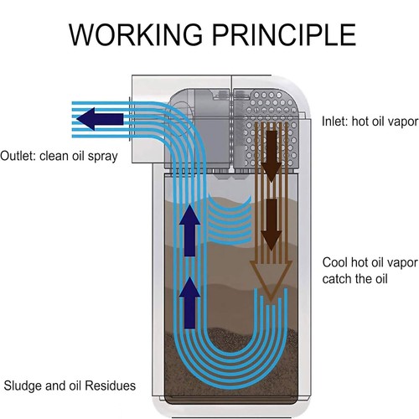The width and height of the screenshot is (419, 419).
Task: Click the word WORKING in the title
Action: (x=136, y=34)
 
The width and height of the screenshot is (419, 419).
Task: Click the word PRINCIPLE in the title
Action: (x=284, y=34)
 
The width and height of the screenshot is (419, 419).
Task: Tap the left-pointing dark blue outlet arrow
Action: (x=100, y=119)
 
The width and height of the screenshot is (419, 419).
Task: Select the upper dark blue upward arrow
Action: (x=190, y=230)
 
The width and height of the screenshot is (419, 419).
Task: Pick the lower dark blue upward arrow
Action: (x=190, y=303)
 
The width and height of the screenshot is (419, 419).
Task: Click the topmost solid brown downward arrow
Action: (x=272, y=157)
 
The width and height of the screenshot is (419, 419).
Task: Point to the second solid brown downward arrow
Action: (x=271, y=225)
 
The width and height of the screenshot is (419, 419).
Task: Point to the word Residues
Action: (x=110, y=385)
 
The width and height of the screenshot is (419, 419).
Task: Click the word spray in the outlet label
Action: (x=102, y=157)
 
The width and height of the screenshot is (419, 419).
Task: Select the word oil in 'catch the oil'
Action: (x=380, y=279)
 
